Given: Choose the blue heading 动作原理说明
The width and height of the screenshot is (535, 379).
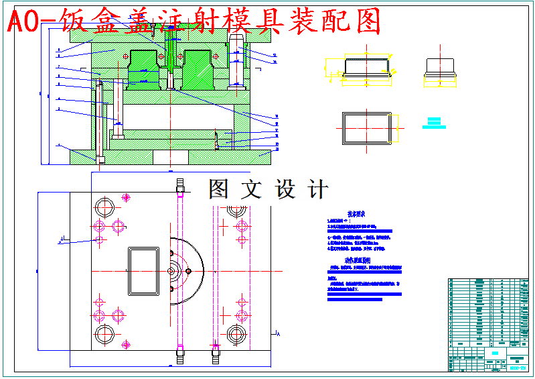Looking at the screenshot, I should click(x=358, y=260).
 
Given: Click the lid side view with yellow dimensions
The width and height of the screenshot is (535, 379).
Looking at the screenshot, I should click(x=366, y=68).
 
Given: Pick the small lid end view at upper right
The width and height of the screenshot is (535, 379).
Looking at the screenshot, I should click(x=439, y=67).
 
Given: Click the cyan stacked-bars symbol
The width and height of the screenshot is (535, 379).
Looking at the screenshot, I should click(x=435, y=123).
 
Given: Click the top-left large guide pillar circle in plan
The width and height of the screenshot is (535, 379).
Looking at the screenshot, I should click(x=104, y=205).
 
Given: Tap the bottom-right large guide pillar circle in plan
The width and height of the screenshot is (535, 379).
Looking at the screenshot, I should click(x=235, y=333).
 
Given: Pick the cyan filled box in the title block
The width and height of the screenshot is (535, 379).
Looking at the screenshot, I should click(x=495, y=353).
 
